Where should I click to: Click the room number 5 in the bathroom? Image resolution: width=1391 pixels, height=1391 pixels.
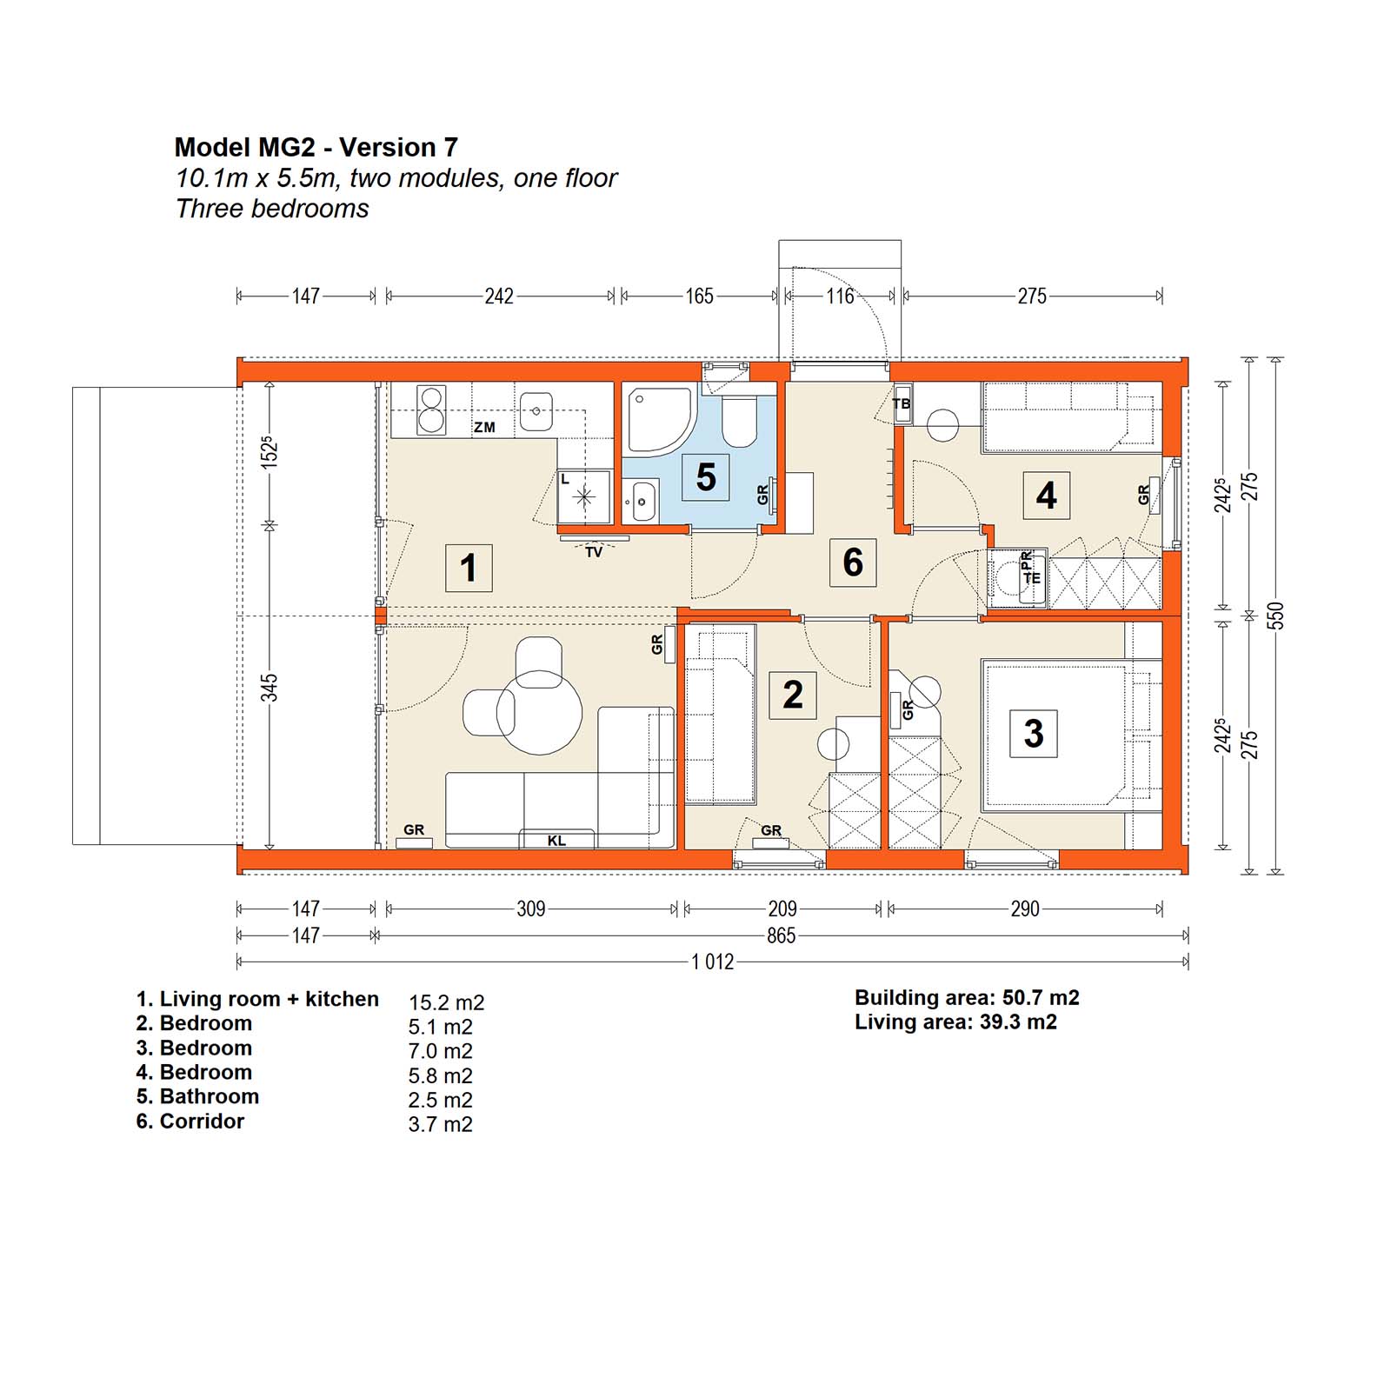(x=706, y=476)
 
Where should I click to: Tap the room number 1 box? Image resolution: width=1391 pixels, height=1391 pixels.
(x=469, y=568)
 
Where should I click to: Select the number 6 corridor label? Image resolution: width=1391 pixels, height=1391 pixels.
(x=853, y=562)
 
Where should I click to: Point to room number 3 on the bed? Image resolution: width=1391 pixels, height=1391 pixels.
(x=1033, y=733)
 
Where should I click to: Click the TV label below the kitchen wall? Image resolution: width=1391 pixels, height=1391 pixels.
(x=594, y=552)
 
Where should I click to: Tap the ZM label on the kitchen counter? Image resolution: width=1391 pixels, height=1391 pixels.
(x=484, y=427)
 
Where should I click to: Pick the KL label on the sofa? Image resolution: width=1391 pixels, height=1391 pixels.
(x=556, y=841)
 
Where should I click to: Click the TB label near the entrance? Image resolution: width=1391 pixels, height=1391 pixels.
(x=902, y=404)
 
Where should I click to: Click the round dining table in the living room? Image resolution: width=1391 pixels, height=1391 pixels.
(x=539, y=713)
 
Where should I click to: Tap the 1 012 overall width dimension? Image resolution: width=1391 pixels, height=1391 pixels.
(x=713, y=962)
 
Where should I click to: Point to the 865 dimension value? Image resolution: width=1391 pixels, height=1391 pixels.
(x=781, y=935)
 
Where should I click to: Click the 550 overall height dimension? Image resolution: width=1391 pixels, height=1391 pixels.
(x=1275, y=616)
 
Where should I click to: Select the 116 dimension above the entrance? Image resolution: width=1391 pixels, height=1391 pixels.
(x=840, y=296)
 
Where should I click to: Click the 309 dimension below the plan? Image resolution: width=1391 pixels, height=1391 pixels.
(x=531, y=908)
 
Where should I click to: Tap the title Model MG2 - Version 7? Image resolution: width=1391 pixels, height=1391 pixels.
(x=316, y=147)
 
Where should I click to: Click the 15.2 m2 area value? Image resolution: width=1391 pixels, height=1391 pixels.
(x=447, y=1002)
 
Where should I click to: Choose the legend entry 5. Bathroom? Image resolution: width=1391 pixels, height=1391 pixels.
(x=197, y=1096)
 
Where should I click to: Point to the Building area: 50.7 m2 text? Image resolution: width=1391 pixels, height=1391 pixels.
(x=967, y=998)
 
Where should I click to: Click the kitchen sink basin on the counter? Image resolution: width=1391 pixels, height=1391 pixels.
(x=536, y=410)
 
